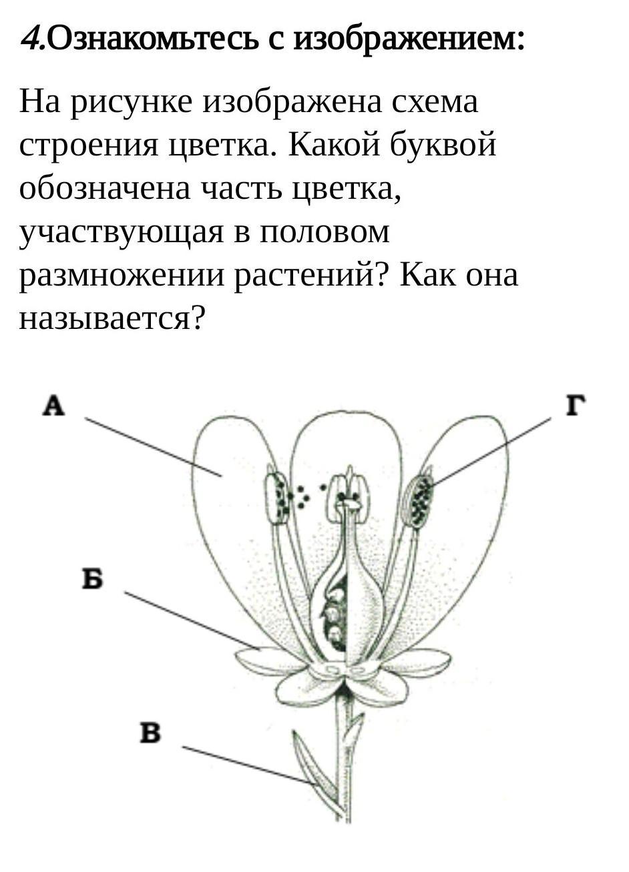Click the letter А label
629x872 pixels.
pyautogui.click(x=53, y=405)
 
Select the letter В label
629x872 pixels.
pyautogui.click(x=150, y=733)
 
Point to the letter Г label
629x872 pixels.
pyautogui.click(x=576, y=405)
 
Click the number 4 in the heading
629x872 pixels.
pyautogui.click(x=29, y=39)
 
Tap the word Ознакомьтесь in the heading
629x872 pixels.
pyautogui.click(x=153, y=39)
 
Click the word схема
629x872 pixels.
pyautogui.click(x=435, y=102)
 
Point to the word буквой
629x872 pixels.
pyautogui.click(x=443, y=143)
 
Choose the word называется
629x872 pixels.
pyautogui.click(x=112, y=319)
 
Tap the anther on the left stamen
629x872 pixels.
pyautogui.click(x=278, y=498)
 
